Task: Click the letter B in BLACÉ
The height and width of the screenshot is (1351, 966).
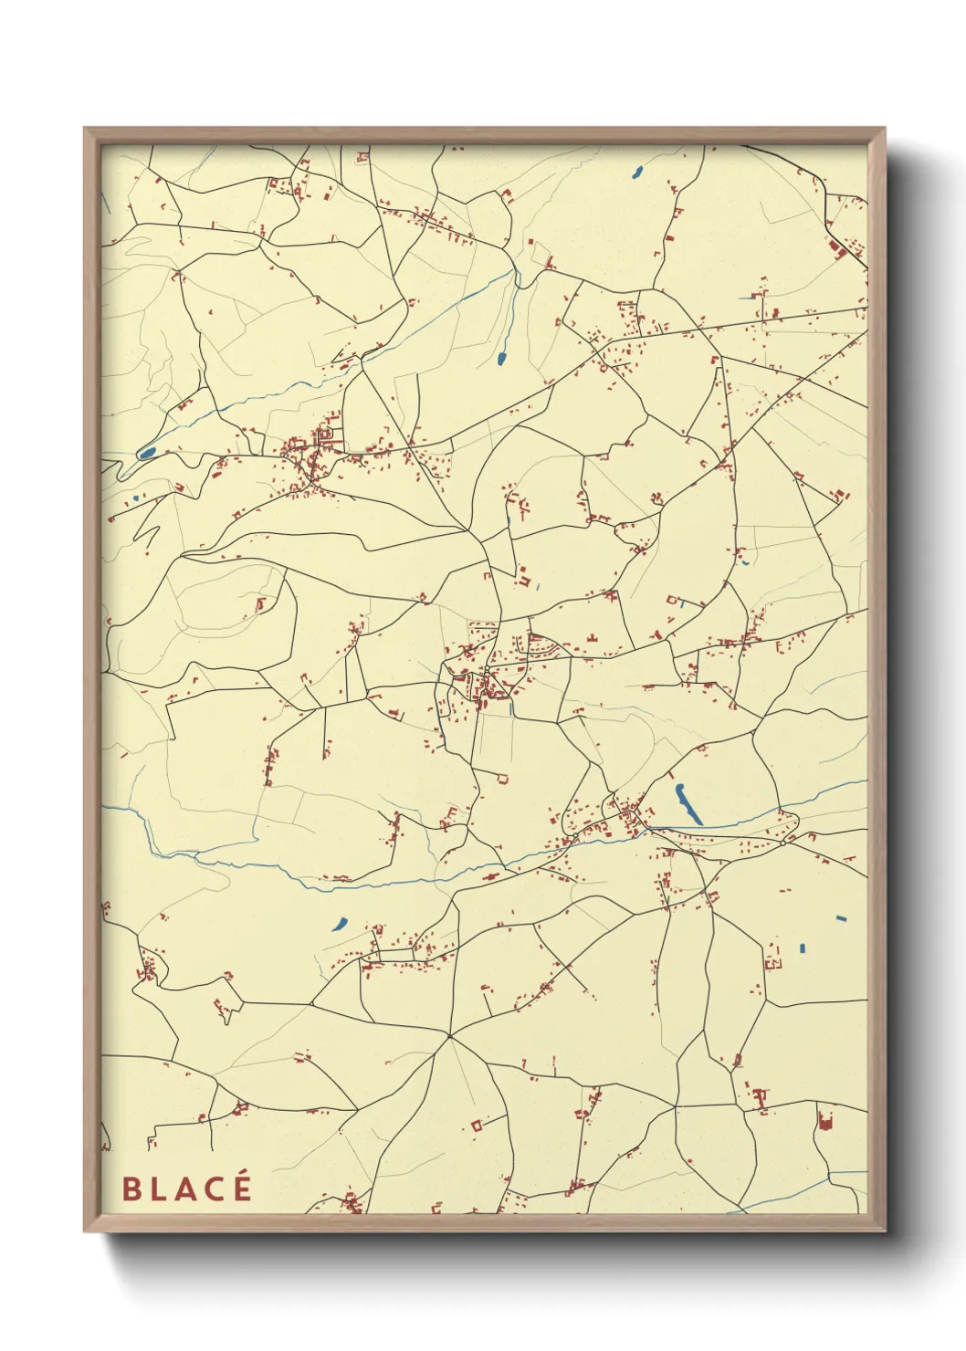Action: pos(131,1189)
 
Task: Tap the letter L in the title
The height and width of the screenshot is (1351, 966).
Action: pos(157,1189)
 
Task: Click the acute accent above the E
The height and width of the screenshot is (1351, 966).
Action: pos(243,1176)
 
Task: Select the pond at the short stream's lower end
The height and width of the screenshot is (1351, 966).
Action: pos(502,358)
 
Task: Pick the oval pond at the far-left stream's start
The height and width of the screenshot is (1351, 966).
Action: pos(146,452)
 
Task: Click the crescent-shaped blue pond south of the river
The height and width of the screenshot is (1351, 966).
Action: pos(340,924)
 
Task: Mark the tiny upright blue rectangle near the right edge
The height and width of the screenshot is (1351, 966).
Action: pos(803,948)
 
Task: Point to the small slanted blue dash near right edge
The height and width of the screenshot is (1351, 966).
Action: pos(841,918)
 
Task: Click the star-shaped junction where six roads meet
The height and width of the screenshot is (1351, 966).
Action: pos(449,1035)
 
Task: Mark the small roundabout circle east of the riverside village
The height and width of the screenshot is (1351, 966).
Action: pos(782,842)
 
